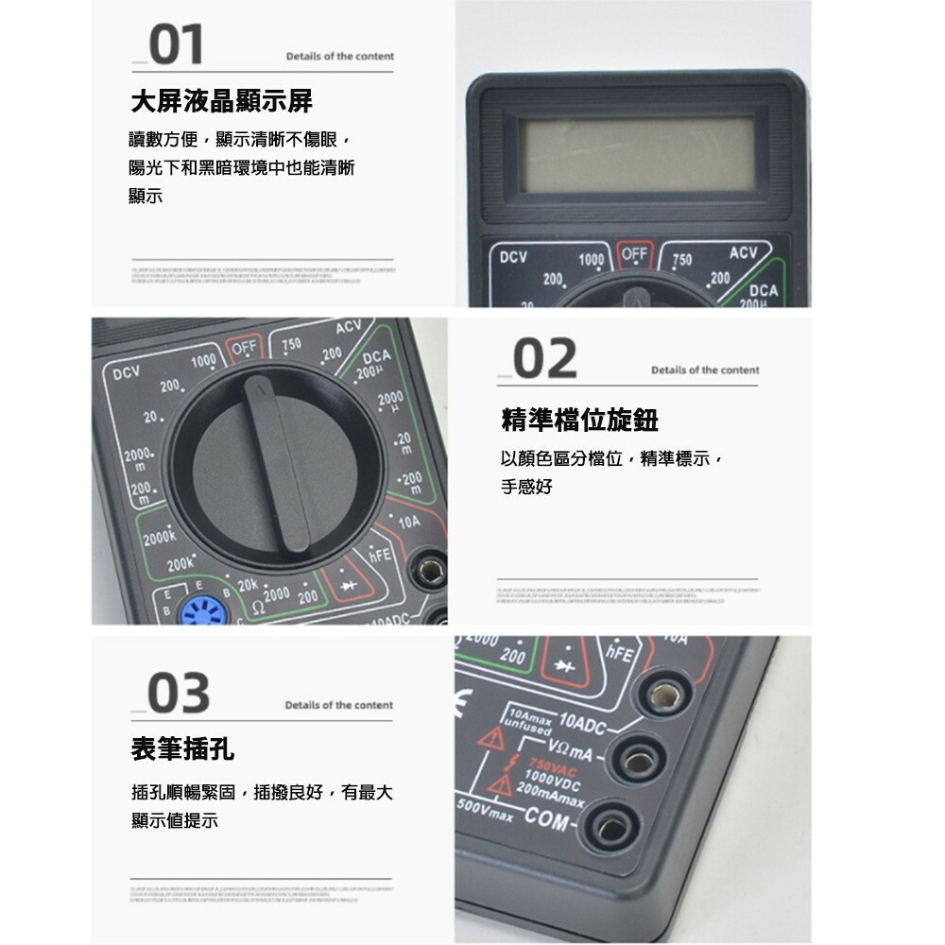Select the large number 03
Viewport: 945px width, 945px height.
click(179, 695)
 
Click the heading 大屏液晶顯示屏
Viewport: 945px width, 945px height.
click(221, 100)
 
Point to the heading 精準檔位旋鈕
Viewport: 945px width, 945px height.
click(579, 421)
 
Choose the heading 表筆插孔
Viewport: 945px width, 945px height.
click(182, 750)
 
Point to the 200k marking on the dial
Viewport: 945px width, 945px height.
click(180, 565)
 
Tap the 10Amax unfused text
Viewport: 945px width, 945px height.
click(528, 723)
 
